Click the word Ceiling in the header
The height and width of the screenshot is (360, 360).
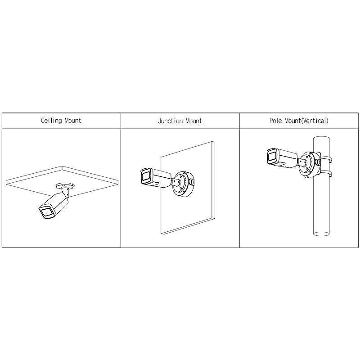[51, 121]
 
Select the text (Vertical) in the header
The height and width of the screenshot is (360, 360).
[314, 121]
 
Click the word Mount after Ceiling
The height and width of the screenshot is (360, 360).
[73, 120]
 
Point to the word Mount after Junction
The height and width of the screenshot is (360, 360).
[194, 121]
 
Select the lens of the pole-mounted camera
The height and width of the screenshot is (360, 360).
[272, 156]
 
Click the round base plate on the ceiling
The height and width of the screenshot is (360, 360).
[65, 185]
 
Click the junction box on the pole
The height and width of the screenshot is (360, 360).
[309, 164]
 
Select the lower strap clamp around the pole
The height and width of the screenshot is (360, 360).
[326, 173]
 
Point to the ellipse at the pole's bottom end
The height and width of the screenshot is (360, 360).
[321, 234]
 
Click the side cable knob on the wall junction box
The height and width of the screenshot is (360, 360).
[191, 182]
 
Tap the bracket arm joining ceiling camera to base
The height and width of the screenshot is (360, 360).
[66, 193]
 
